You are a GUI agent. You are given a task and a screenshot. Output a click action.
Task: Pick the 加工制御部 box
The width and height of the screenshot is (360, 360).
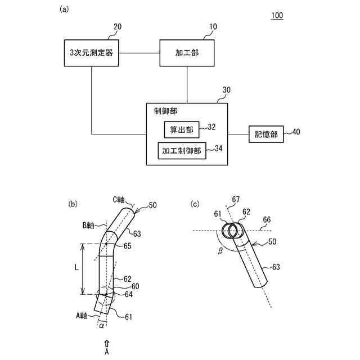(182, 150)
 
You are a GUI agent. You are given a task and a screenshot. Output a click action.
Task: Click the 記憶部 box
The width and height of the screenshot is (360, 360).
(266, 134)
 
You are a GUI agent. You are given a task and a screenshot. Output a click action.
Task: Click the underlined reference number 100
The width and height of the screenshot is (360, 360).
(277, 15)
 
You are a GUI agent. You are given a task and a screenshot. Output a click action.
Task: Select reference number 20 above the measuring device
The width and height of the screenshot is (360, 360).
(117, 26)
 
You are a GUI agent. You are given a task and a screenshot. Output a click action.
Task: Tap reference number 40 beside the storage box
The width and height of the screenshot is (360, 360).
(296, 133)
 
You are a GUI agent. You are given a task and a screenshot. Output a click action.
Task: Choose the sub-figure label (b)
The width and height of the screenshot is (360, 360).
(73, 204)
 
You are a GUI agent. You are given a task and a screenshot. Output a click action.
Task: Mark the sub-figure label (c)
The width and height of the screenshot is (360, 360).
(195, 204)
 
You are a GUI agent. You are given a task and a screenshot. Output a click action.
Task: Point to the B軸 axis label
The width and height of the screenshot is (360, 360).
(91, 226)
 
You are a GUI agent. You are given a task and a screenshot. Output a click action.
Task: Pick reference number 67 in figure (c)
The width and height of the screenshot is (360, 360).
(235, 199)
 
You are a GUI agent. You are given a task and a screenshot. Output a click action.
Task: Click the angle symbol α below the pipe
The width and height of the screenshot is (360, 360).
(101, 326)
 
